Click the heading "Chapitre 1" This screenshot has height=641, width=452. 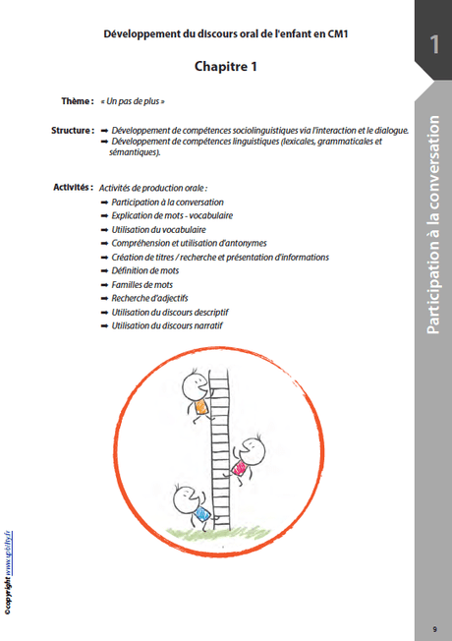pyautogui.click(x=226, y=66)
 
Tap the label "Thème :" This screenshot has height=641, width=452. pyautogui.click(x=78, y=101)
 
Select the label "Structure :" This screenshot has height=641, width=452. pyautogui.click(x=73, y=131)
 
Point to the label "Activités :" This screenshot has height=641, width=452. pyautogui.click(x=73, y=187)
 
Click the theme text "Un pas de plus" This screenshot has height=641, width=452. pyautogui.click(x=133, y=101)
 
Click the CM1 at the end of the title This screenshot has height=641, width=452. pyautogui.click(x=337, y=34)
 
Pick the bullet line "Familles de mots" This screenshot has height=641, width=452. pyautogui.click(x=142, y=284)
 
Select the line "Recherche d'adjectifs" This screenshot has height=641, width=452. pyautogui.click(x=149, y=298)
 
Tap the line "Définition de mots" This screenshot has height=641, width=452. pyautogui.click(x=145, y=270)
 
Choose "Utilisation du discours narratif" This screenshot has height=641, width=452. pyautogui.click(x=167, y=325)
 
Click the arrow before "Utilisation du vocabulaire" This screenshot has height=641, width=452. pyautogui.click(x=104, y=230)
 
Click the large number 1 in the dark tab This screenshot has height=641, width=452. pyautogui.click(x=434, y=44)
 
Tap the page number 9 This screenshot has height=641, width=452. pyautogui.click(x=435, y=629)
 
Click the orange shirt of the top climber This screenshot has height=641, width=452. pyautogui.click(x=201, y=406)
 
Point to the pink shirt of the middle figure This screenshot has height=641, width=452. pyautogui.click(x=239, y=468)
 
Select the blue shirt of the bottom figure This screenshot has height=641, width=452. pyautogui.click(x=202, y=513)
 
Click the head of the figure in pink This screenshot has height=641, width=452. pyautogui.click(x=252, y=452)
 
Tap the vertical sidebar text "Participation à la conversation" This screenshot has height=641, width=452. pyautogui.click(x=433, y=225)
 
